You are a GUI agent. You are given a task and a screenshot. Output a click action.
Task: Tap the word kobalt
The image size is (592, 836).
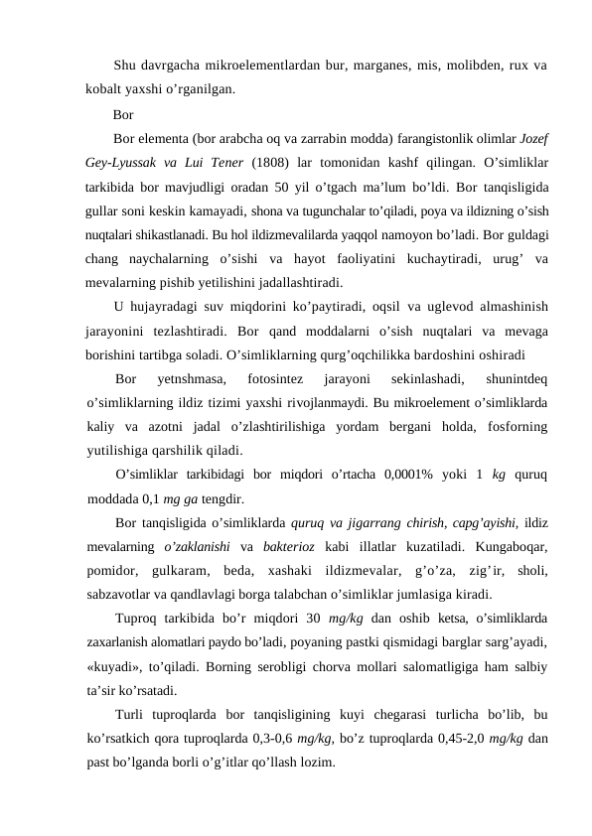[104, 89]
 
